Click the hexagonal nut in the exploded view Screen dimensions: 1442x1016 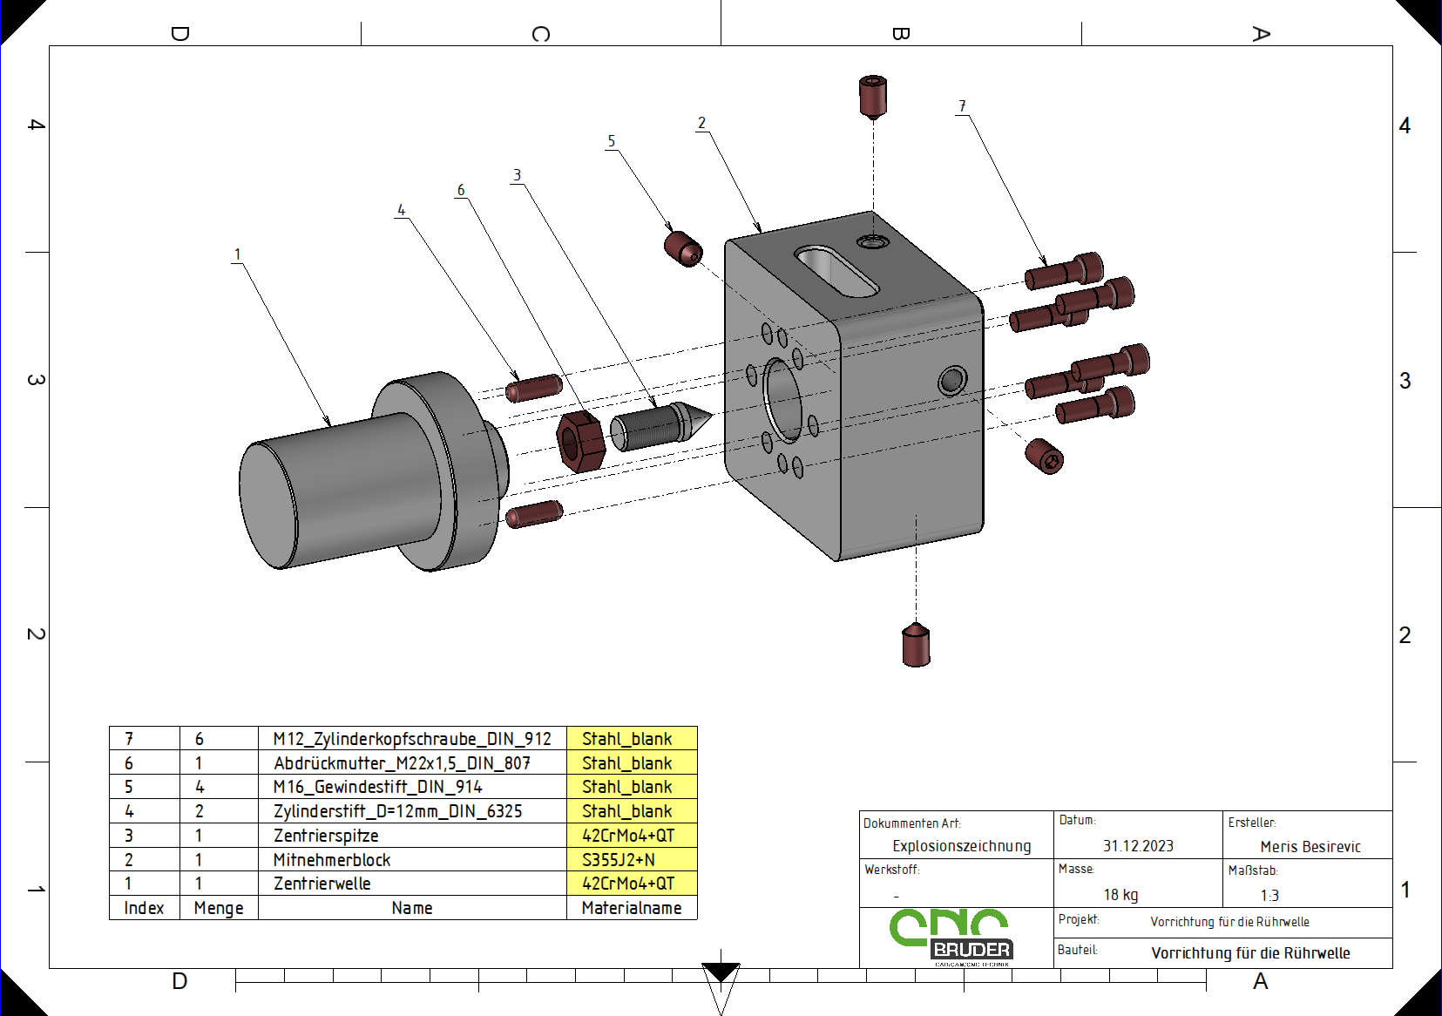pos(580,442)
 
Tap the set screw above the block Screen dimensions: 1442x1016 pos(873,97)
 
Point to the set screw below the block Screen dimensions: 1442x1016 pos(916,645)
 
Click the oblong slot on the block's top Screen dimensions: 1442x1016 pos(836,271)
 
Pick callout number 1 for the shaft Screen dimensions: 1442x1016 pos(238,254)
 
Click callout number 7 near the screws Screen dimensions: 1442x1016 pos(963,105)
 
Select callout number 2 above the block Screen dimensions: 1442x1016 pos(701,123)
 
